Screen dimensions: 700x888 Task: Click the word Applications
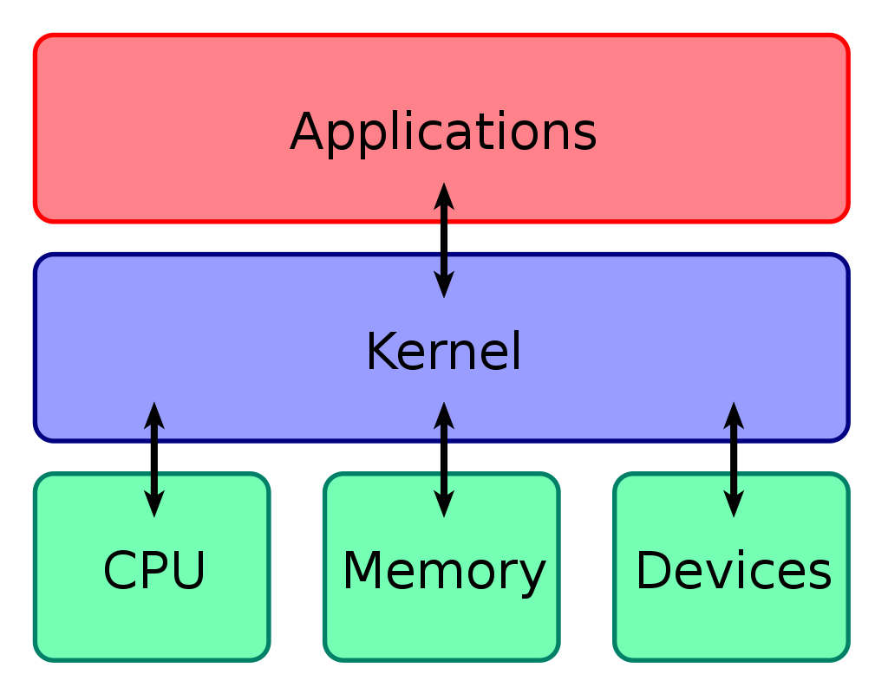[443, 133]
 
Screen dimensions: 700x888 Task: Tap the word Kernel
[443, 353]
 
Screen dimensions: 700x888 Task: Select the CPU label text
[154, 572]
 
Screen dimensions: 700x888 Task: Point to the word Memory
[443, 572]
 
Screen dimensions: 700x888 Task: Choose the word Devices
[733, 572]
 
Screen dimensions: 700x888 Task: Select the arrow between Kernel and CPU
[154, 459]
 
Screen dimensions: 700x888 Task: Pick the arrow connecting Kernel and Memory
[444, 459]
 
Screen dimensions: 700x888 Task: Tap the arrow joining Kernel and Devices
[734, 459]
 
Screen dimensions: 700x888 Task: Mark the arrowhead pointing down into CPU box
[154, 504]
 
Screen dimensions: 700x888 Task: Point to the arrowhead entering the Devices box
[734, 504]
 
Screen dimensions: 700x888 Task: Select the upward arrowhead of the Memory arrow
[444, 415]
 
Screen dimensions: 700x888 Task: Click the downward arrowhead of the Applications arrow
[444, 284]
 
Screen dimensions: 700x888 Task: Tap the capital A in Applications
[306, 133]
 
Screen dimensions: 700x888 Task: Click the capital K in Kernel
[380, 353]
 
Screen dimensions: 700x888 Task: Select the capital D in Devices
[652, 572]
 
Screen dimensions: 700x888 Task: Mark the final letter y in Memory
[532, 576]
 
